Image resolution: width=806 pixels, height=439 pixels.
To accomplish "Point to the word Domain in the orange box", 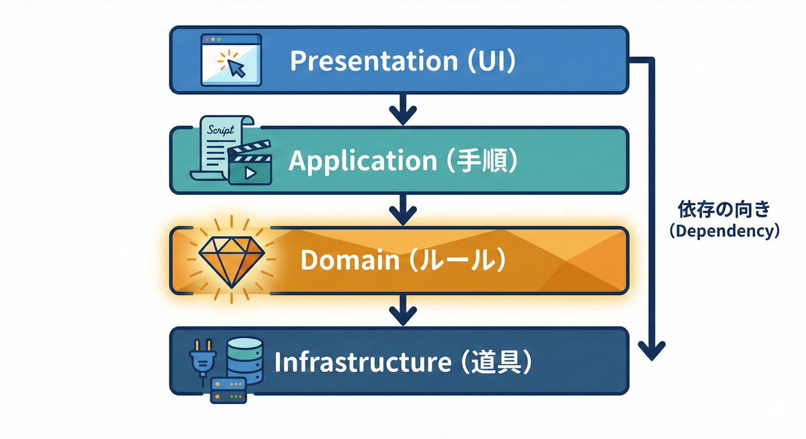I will point(349,261).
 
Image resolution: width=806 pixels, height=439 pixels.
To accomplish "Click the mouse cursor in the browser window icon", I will point(235,68).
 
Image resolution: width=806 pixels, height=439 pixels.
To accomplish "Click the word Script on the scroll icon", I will point(221,130).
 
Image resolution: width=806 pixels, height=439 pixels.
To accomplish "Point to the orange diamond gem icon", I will point(231,260).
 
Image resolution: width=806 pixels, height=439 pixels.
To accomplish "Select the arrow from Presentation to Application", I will point(403,110).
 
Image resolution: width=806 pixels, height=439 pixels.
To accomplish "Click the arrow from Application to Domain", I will point(403,210).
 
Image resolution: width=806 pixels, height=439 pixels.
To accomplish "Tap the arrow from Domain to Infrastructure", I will point(403,310).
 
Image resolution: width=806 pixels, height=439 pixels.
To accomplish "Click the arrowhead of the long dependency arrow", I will point(650,350).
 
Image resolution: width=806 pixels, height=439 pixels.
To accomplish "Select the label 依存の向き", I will point(724,210).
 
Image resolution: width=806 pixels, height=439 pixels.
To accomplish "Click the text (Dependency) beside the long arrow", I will point(724,232).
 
